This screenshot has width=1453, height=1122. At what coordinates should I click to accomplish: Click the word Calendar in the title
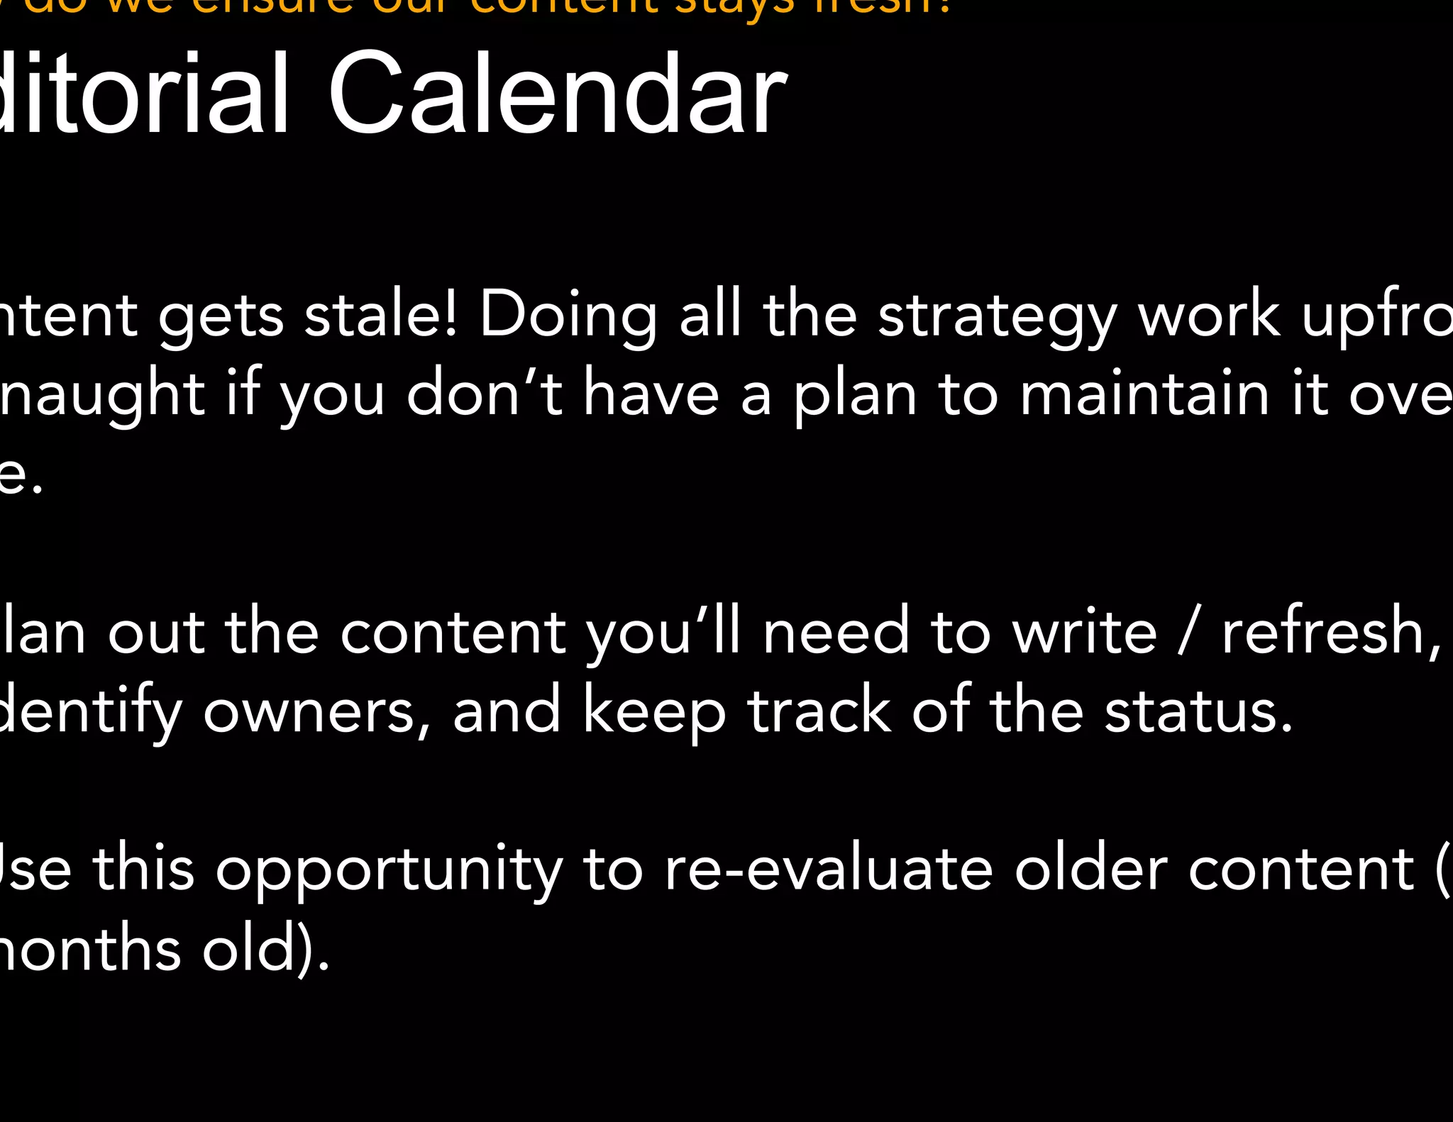pyautogui.click(x=557, y=94)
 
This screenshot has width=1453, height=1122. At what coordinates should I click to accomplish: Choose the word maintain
pyautogui.click(x=1144, y=395)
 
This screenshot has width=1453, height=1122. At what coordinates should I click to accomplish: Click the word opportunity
pyautogui.click(x=389, y=871)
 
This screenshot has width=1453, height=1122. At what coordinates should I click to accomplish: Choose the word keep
pyautogui.click(x=654, y=713)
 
